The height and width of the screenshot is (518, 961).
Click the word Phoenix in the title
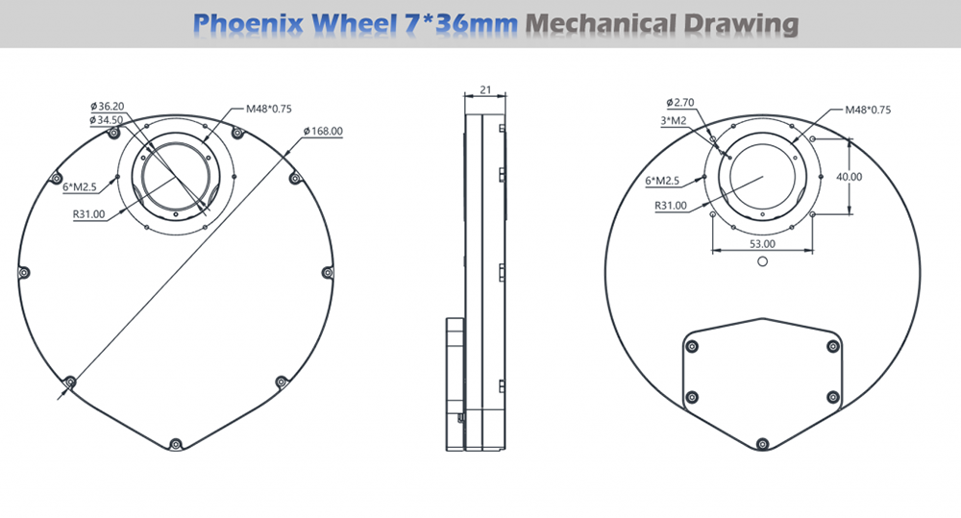tap(248, 23)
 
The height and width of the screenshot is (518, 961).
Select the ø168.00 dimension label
tap(323, 132)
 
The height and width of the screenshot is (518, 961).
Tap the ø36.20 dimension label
tap(107, 106)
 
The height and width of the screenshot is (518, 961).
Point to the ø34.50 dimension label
tap(106, 120)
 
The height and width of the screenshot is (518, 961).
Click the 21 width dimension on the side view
tap(485, 89)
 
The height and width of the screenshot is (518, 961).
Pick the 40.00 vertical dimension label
tap(849, 177)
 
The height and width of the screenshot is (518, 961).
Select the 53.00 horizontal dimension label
tap(762, 243)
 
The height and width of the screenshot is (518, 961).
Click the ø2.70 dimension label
tap(680, 103)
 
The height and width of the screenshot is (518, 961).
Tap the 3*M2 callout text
tap(673, 121)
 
